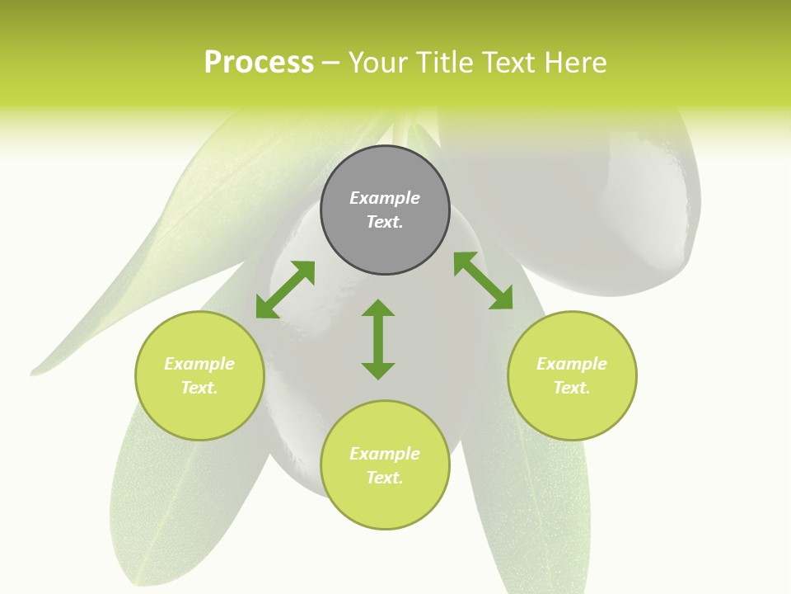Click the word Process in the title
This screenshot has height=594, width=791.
[259, 63]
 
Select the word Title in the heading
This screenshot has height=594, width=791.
[445, 63]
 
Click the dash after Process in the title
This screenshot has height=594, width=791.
[331, 64]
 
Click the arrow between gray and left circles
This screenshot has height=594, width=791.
[285, 290]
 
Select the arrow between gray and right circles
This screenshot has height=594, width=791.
[484, 280]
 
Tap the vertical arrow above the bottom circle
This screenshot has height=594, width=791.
[378, 339]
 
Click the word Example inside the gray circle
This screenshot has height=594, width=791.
[385, 198]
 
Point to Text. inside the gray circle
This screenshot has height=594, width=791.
[385, 222]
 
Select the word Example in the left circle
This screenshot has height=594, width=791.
[199, 364]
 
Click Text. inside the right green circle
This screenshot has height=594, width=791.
[572, 388]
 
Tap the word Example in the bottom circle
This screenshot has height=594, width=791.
[385, 454]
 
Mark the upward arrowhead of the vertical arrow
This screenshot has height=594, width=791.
[378, 308]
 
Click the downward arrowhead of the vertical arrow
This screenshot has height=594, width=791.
[378, 370]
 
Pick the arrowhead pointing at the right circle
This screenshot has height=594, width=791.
[502, 299]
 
